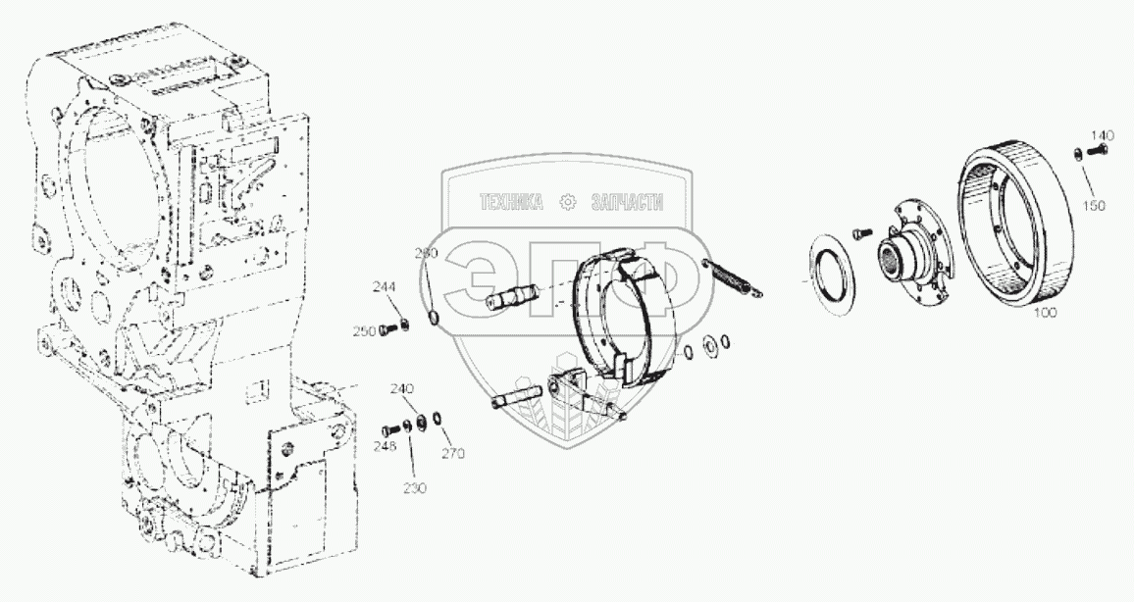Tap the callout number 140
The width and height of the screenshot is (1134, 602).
(1103, 134)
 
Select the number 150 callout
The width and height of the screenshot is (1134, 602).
(1095, 205)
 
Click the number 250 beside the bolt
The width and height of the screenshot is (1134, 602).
(364, 331)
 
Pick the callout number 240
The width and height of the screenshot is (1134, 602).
(402, 388)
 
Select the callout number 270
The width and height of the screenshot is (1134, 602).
(452, 453)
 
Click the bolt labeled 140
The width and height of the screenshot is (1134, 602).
(1094, 151)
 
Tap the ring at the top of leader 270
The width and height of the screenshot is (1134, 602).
(435, 420)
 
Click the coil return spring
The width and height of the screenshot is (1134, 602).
(734, 276)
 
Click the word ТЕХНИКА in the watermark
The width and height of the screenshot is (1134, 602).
(510, 203)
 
